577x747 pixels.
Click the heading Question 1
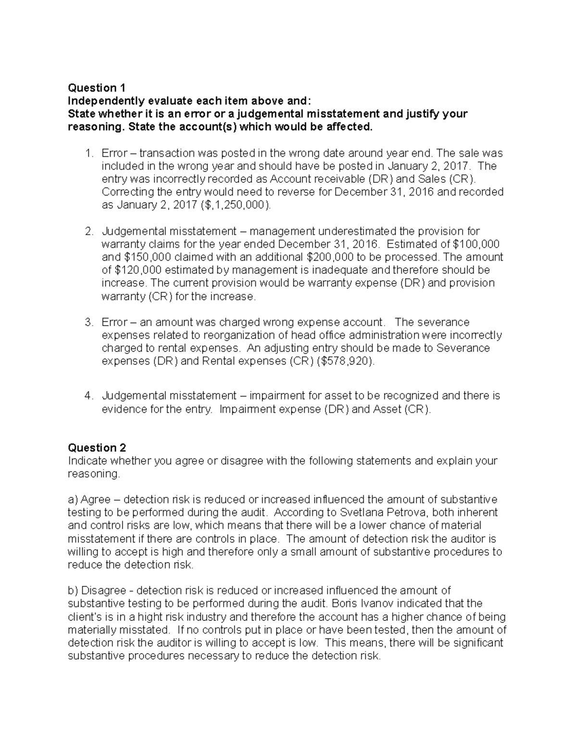tap(97, 88)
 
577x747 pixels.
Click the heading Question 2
tap(97, 448)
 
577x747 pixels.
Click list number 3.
tap(88, 322)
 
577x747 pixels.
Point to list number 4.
tap(88, 396)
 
